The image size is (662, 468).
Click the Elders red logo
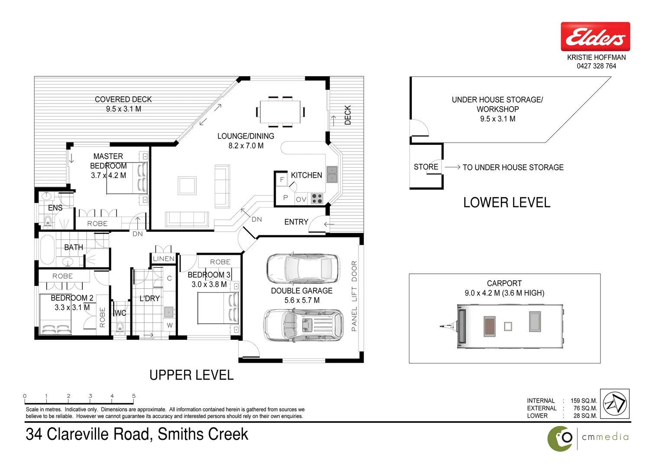595,37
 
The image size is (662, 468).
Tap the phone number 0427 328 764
596,66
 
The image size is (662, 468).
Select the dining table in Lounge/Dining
280,112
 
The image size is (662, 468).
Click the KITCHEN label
306,175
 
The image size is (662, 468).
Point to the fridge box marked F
282,179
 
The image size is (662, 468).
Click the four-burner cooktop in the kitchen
317,198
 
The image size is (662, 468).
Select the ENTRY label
296,222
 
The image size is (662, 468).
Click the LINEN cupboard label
164,259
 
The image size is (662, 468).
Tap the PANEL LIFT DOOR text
354,296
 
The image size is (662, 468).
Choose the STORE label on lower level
426,167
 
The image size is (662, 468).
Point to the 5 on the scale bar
134,396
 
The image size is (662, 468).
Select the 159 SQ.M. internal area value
583,401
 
